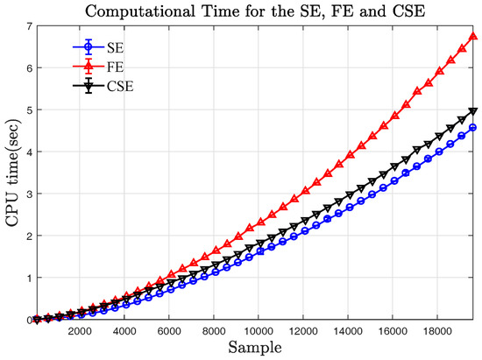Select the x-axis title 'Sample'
tap(255, 349)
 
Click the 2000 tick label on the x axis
tap(79, 332)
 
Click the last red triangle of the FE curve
tap(473, 37)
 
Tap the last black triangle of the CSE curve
tap(473, 111)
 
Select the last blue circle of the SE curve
tap(473, 128)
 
